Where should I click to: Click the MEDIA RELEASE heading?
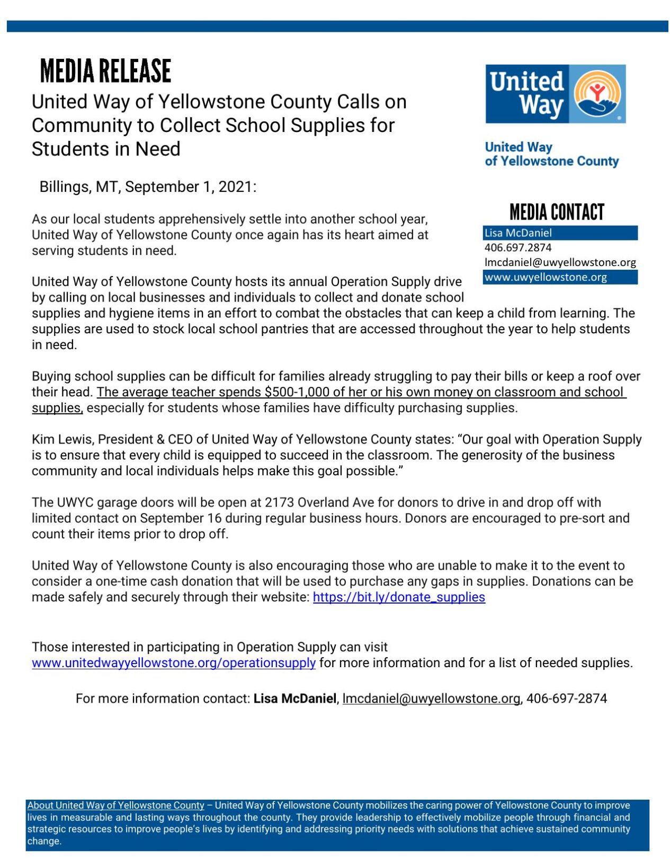coord(105,71)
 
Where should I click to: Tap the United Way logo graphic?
coord(555,94)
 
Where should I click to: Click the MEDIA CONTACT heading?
coord(556,212)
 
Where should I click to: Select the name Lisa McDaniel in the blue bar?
coord(517,233)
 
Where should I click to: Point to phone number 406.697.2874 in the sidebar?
coord(517,247)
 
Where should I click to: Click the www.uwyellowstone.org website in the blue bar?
coord(545,277)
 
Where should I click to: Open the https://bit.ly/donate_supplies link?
coord(398,597)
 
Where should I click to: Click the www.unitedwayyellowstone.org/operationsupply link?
coord(173,663)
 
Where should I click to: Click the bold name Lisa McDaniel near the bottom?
coord(294,698)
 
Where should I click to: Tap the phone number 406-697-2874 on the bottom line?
coord(566,698)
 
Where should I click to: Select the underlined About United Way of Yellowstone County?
coord(115,805)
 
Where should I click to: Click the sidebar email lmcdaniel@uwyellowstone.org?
coord(560,262)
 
